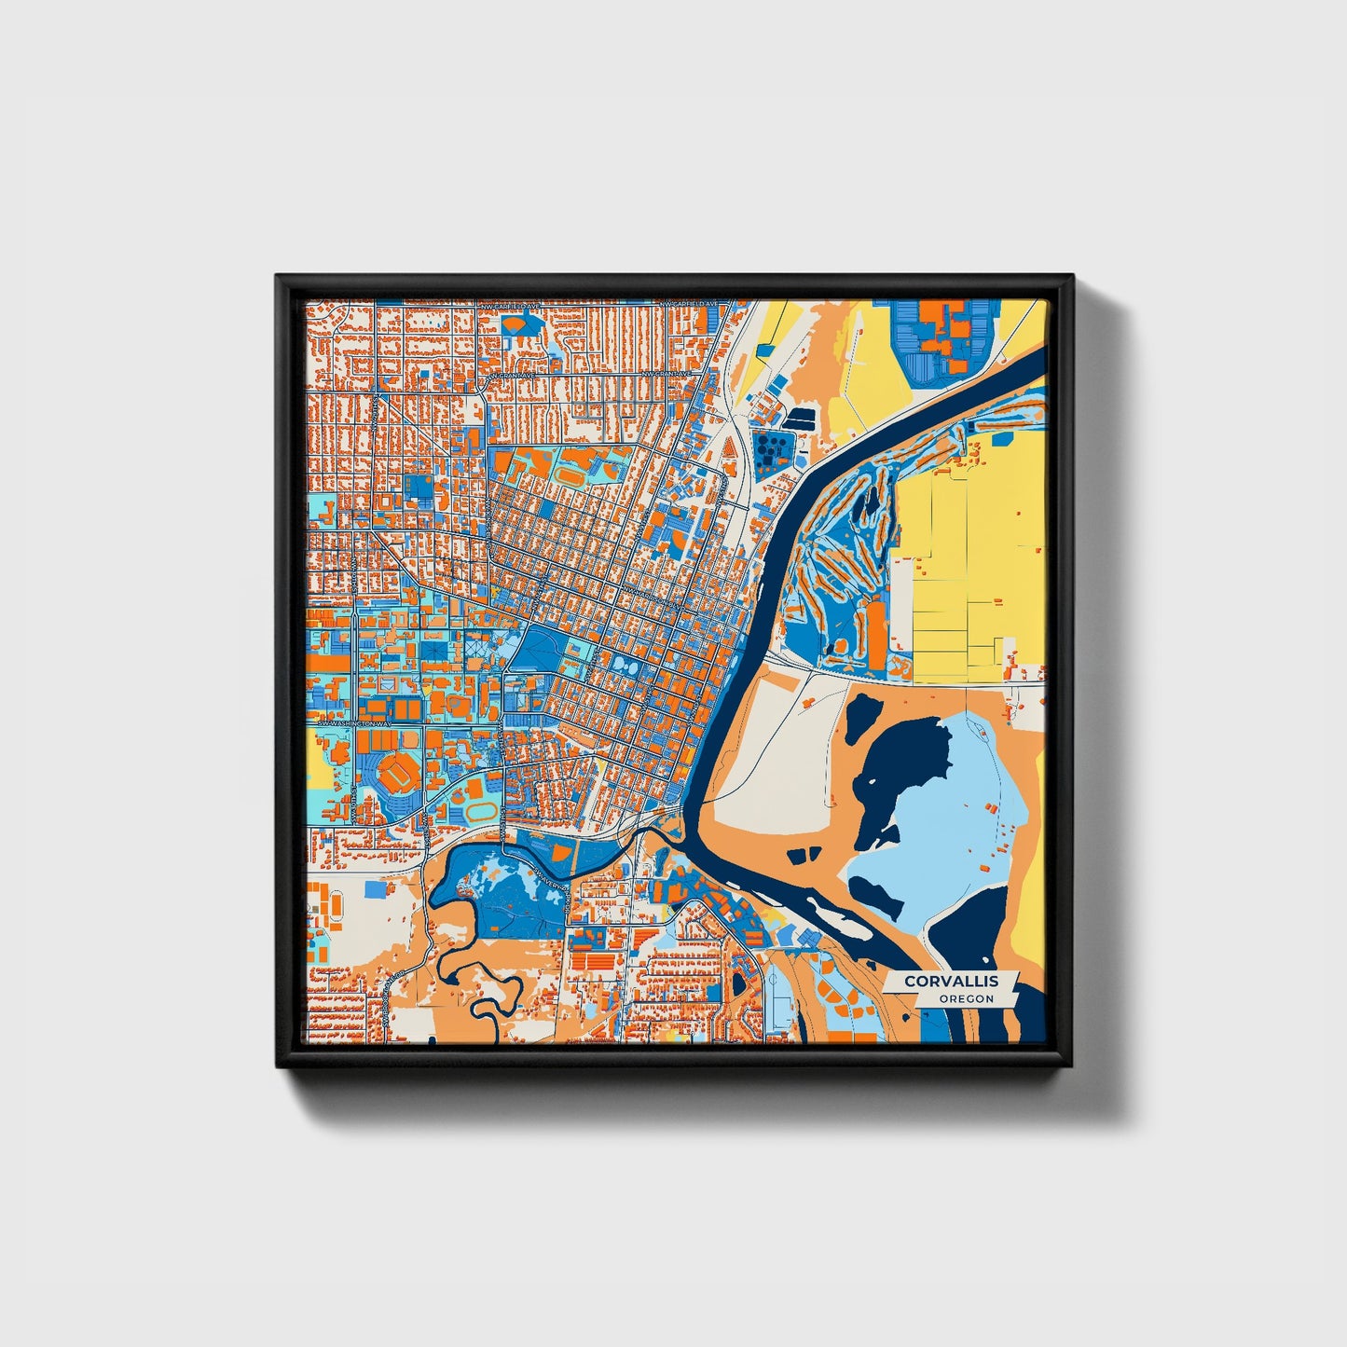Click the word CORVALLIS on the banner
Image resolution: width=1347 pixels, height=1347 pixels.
pos(951,981)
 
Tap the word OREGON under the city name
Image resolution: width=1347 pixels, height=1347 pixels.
pos(966,999)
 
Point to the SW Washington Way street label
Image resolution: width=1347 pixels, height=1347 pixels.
pos(351,723)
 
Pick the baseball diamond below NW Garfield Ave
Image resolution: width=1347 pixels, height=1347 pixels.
pos(518,323)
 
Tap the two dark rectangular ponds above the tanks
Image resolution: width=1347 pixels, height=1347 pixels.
pos(799,419)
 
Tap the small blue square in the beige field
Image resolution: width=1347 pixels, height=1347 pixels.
pos(375,888)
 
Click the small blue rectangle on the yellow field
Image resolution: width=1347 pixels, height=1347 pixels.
pos(764,350)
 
